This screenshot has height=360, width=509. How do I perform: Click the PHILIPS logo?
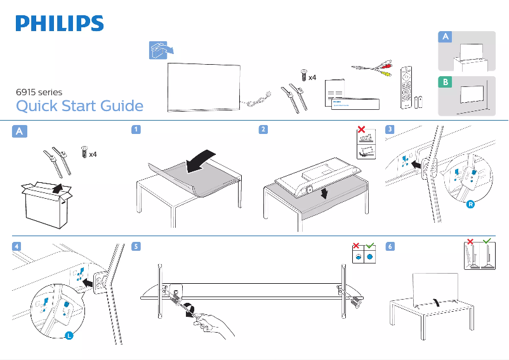coord(60,23)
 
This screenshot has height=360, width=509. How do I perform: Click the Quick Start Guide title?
coord(79,105)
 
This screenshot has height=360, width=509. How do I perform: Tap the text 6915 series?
coord(39,92)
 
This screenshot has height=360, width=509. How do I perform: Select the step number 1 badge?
coord(136,130)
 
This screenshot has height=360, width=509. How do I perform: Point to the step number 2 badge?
coord(263,130)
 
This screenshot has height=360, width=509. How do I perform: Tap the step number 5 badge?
coord(136,246)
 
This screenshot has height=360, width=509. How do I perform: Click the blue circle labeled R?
coord(470,204)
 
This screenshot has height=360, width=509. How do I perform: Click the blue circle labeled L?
coord(69,335)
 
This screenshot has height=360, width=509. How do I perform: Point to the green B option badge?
coord(446,83)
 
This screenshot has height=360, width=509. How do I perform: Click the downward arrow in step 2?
coord(325,192)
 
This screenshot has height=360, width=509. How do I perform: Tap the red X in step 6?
coord(470,242)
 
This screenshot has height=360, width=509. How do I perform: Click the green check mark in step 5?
coord(371,245)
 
